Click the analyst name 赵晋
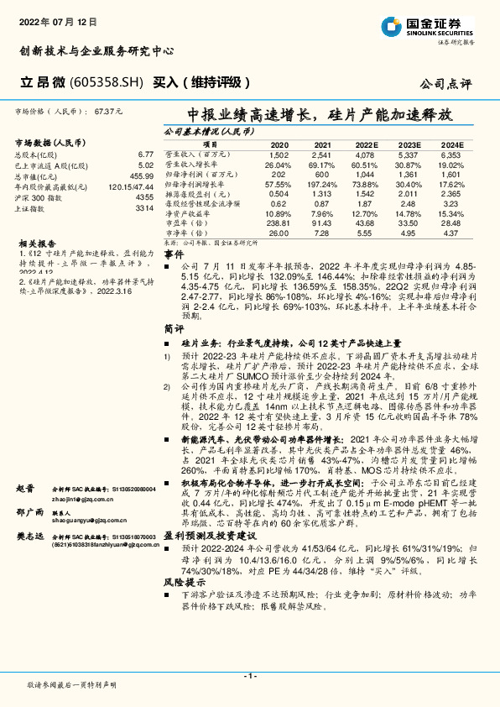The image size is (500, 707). coord(24,488)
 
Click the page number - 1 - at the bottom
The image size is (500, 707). coord(249,676)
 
